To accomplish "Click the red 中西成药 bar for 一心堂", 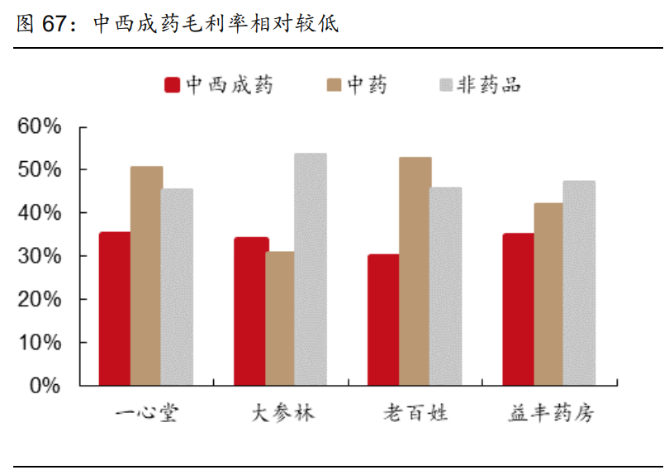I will [x=115, y=308].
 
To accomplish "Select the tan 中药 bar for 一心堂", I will [x=146, y=276].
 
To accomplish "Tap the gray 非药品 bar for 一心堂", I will [x=177, y=287].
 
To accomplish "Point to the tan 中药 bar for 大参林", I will [x=280, y=318].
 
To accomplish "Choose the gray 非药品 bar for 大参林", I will [x=311, y=269].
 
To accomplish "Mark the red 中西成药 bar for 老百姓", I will [x=383, y=320].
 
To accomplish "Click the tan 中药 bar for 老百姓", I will [x=415, y=271].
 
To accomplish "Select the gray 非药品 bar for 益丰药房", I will [x=579, y=282].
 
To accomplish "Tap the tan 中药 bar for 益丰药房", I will [x=548, y=294].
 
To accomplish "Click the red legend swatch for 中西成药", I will [x=173, y=85].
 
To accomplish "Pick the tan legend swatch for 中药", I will [x=334, y=85].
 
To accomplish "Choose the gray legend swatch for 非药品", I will [x=447, y=85].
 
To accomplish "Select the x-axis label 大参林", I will [x=282, y=413].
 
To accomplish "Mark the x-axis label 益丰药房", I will [x=551, y=413].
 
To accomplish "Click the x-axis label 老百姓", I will [x=416, y=413].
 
